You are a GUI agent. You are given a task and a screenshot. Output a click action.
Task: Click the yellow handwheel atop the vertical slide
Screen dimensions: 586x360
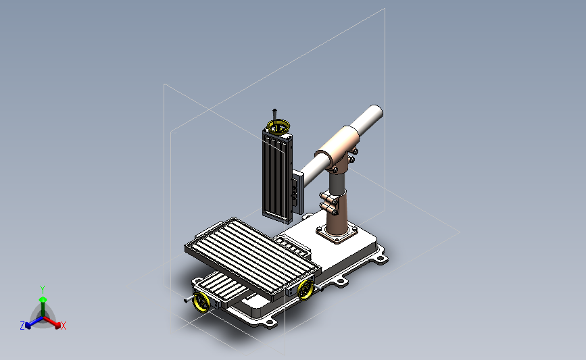point(278,126)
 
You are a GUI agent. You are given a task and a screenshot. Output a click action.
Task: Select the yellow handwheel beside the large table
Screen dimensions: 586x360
point(306,290)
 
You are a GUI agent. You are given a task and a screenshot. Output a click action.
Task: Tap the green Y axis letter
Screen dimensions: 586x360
point(43,290)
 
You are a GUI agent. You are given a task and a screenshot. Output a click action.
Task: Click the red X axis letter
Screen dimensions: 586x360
point(63,326)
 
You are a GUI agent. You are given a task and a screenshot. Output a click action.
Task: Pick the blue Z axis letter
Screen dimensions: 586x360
point(22,326)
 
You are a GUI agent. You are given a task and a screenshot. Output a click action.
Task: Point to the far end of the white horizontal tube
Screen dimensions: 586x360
point(375,113)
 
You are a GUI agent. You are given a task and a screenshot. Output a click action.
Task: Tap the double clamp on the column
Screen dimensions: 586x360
point(328,203)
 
